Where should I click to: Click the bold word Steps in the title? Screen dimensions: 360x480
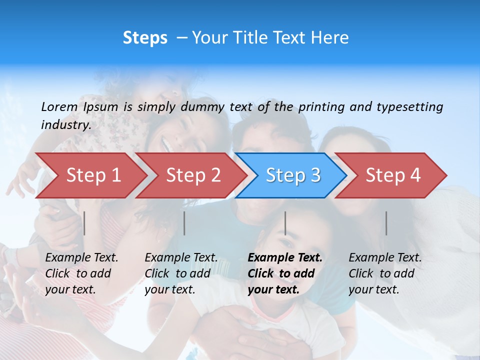pyautogui.click(x=145, y=38)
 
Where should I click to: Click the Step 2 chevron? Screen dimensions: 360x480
pyautogui.click(x=193, y=175)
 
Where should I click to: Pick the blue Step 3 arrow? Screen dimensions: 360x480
pyautogui.click(x=293, y=175)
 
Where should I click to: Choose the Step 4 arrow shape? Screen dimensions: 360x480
pyautogui.click(x=393, y=175)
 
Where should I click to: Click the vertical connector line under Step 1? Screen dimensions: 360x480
pyautogui.click(x=84, y=223)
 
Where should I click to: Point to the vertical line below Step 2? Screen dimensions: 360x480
pyautogui.click(x=184, y=223)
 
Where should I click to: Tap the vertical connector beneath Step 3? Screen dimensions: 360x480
pyautogui.click(x=285, y=223)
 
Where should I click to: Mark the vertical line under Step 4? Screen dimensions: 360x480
pyautogui.click(x=386, y=223)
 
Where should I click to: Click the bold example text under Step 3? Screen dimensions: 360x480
pyautogui.click(x=285, y=273)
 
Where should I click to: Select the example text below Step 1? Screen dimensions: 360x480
pyautogui.click(x=81, y=273)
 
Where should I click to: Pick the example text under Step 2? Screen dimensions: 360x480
pyautogui.click(x=181, y=273)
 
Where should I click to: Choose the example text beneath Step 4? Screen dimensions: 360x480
pyautogui.click(x=385, y=273)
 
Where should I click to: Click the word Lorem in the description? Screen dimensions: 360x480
pyautogui.click(x=59, y=107)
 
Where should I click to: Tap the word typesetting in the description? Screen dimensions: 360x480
pyautogui.click(x=409, y=107)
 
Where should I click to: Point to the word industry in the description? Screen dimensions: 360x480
pyautogui.click(x=65, y=125)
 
